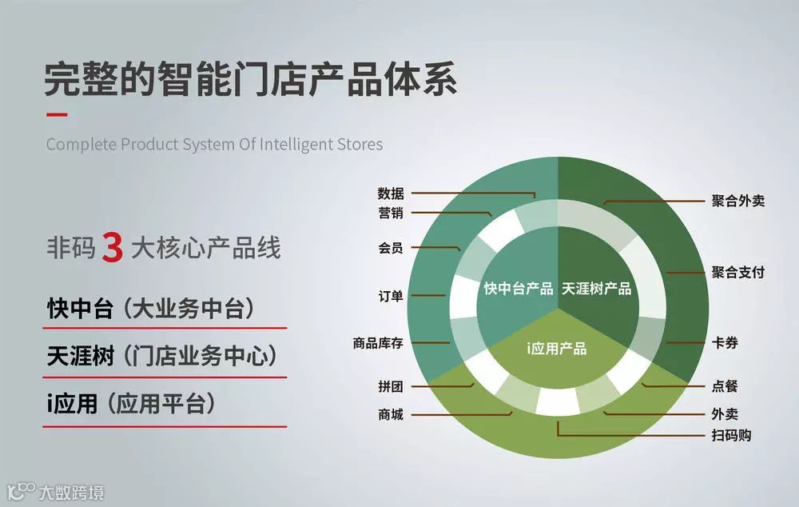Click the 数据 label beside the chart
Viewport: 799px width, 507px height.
pos(391,194)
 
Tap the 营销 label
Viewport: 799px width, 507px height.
pos(391,213)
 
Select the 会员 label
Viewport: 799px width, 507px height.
pos(391,248)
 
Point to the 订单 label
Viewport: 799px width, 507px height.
pos(391,296)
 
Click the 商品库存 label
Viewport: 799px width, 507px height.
pos(378,343)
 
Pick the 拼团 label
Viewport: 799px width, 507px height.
pos(391,386)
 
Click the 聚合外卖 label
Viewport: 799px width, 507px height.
pos(738,201)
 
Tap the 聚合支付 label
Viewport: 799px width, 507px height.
pos(738,272)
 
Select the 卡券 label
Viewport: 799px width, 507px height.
pos(725,343)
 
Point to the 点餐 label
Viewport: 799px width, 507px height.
pos(725,386)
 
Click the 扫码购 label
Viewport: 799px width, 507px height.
pos(731,436)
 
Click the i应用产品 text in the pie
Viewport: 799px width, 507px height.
pos(557,348)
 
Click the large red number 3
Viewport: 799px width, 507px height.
pos(112,248)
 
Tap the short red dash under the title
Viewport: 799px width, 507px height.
pos(56,114)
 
